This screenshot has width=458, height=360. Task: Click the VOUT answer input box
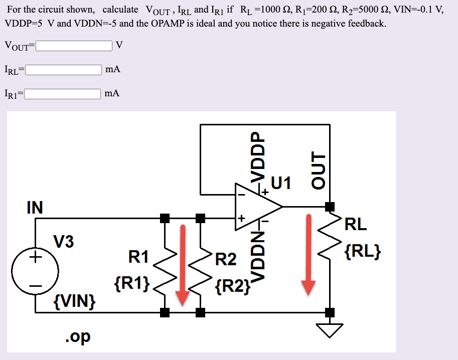pyautogui.click(x=73, y=46)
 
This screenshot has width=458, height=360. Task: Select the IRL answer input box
pyautogui.click(x=63, y=70)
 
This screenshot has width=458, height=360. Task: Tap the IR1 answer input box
pyautogui.click(x=63, y=93)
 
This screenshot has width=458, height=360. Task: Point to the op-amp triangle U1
pyautogui.click(x=256, y=206)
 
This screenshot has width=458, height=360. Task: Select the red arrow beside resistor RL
pyautogui.click(x=309, y=256)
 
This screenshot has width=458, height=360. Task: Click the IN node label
pyautogui.click(x=35, y=207)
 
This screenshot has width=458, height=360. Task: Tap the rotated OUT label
pyautogui.click(x=319, y=170)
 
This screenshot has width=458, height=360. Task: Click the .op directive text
pyautogui.click(x=78, y=336)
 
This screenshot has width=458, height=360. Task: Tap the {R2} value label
pyautogui.click(x=232, y=286)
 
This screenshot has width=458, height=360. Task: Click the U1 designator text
pyautogui.click(x=281, y=183)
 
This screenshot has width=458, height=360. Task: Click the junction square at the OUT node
pyautogui.click(x=330, y=206)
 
